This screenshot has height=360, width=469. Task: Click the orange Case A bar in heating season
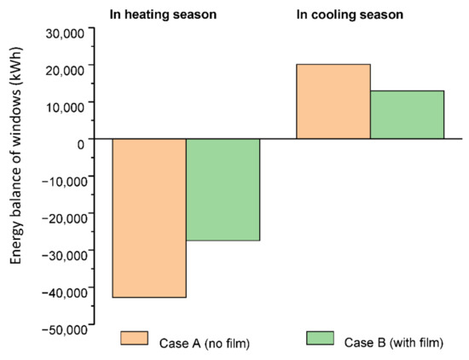coord(149,218)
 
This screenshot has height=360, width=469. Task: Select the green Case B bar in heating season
coord(223,189)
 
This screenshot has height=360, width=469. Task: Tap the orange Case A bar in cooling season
coord(333,102)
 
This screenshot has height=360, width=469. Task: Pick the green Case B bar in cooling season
coord(407,114)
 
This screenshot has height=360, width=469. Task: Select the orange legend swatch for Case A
coord(134,338)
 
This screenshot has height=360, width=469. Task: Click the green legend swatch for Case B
coord(319,338)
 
